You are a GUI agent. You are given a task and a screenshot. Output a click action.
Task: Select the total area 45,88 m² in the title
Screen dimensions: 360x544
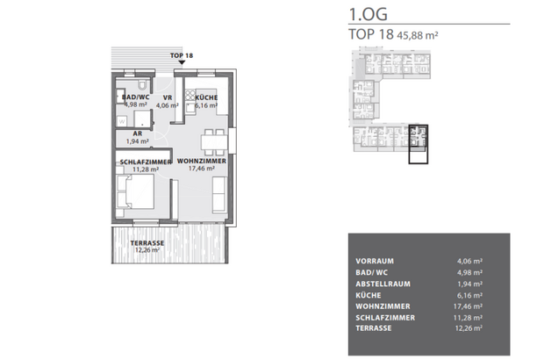(x=419, y=36)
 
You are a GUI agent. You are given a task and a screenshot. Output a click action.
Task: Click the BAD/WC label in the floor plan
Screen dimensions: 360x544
(x=135, y=97)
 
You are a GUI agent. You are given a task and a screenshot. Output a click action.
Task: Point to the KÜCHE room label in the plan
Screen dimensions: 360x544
(x=206, y=97)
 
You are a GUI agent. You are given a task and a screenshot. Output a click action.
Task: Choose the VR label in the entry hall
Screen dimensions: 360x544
(x=166, y=97)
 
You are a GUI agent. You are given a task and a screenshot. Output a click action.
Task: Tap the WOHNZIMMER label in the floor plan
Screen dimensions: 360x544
(x=202, y=162)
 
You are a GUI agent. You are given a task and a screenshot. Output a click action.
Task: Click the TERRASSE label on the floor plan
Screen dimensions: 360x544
(x=147, y=242)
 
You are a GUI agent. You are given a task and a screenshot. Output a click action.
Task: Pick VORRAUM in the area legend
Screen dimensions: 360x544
(x=375, y=261)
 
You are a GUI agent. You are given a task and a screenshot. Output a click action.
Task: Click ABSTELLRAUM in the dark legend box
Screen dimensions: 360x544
(x=383, y=284)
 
